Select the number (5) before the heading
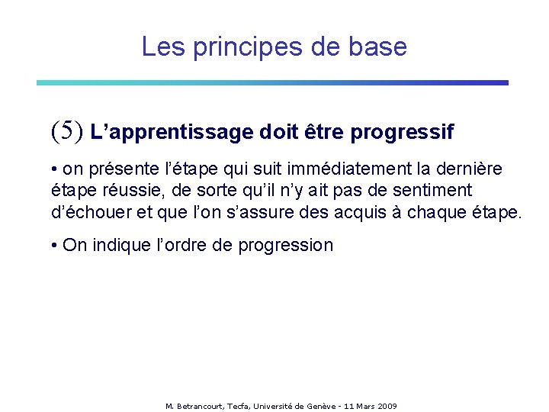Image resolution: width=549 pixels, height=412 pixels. point(66,131)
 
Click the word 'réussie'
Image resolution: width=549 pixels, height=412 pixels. point(114,190)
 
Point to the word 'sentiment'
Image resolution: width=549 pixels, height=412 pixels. point(433,190)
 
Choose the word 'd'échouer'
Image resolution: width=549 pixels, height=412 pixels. point(85,211)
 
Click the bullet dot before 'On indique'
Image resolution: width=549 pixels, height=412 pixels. point(55,246)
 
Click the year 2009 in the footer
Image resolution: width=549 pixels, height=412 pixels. point(386,406)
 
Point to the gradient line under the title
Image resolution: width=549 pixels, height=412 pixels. point(272,82)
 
